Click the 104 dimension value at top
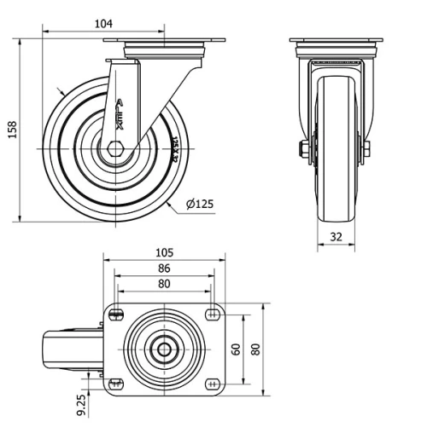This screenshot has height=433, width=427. pos(103,24)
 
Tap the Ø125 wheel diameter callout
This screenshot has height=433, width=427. pos(198,204)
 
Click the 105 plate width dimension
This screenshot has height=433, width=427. pos(165,252)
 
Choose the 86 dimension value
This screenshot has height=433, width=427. pos(165,268)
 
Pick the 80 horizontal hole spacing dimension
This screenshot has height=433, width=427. pos(164,284)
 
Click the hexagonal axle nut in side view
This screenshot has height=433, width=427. pos(114,150)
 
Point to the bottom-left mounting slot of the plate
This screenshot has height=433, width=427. pos(118,382)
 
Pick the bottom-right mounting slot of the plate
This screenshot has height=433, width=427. pos(211,382)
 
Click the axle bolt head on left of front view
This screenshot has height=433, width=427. pos(304,150)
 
